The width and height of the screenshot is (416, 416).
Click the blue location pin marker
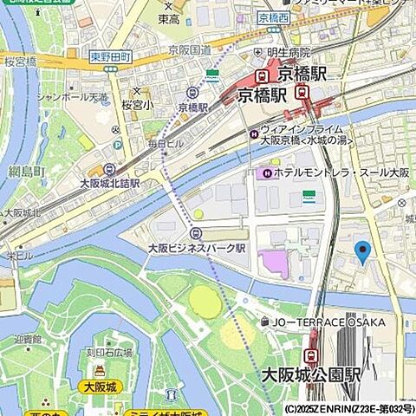point(363,252)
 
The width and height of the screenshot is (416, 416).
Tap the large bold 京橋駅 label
point(269,94)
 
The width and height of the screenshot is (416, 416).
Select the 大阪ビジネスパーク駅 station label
point(198,247)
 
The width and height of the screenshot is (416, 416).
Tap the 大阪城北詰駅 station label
point(109,183)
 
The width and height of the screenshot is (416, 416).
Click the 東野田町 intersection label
point(110,56)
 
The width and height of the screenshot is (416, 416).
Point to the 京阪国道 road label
point(190,51)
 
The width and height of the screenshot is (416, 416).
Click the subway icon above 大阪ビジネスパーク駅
point(197,233)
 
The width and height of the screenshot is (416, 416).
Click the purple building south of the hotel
point(274,263)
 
